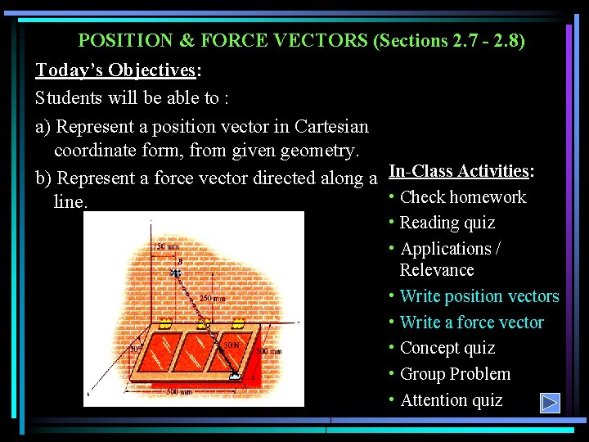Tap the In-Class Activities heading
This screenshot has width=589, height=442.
click(459, 170)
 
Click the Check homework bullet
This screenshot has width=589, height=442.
click(462, 196)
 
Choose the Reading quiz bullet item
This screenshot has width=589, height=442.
click(447, 223)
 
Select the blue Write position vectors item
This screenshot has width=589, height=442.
click(479, 296)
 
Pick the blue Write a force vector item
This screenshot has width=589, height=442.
click(471, 322)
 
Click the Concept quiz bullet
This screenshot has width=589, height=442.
click(447, 348)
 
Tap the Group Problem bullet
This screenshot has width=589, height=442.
click(455, 374)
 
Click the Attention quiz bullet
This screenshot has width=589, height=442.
click(451, 400)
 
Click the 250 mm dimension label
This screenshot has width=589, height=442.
click(211, 298)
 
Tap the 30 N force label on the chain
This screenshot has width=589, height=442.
click(232, 345)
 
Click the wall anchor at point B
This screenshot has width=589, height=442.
click(176, 273)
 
